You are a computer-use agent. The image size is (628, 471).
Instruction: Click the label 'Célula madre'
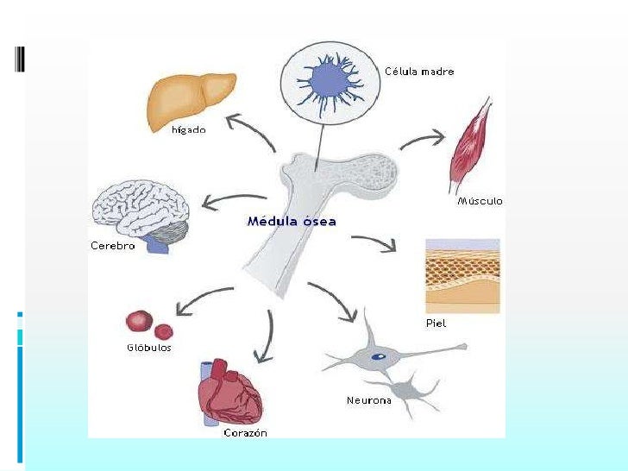(x=419, y=72)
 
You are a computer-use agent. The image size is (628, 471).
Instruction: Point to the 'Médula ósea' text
(x=292, y=221)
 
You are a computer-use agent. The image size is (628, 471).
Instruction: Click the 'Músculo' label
(x=479, y=201)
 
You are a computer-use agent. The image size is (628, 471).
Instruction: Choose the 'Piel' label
(x=436, y=323)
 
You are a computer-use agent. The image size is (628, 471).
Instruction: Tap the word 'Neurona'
(x=368, y=400)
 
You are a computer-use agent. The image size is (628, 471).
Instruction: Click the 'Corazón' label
(x=245, y=433)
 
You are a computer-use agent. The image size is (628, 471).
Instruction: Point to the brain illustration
(x=140, y=210)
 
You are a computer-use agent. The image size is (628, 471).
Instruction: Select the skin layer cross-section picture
(x=462, y=276)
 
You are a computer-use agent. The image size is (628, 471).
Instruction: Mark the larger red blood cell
(x=140, y=322)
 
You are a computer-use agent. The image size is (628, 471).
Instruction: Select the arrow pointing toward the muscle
(x=424, y=138)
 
